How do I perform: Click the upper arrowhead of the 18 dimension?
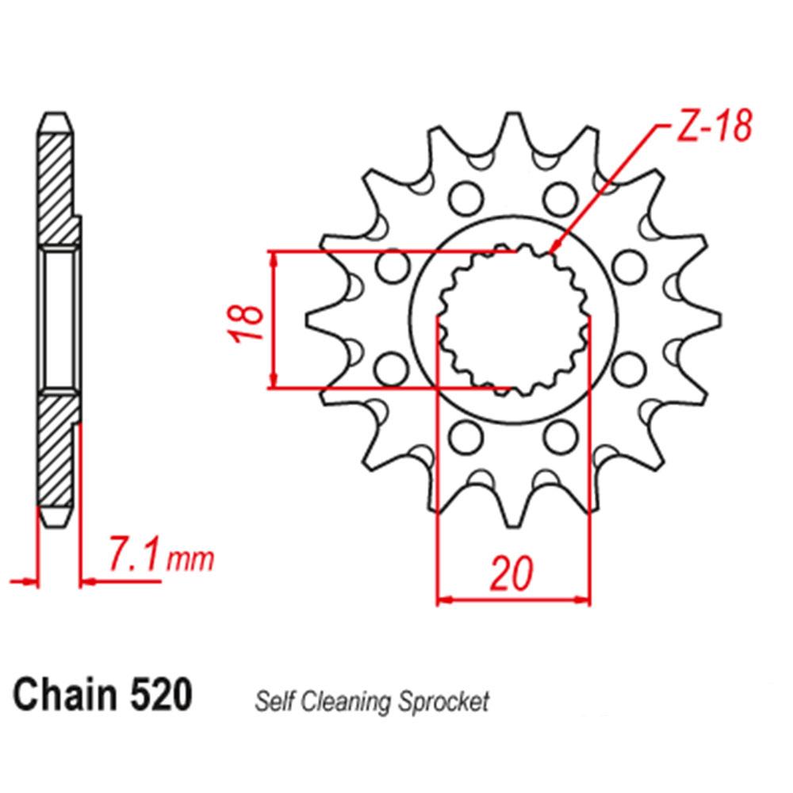[274, 259]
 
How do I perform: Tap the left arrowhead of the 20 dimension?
[444, 600]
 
